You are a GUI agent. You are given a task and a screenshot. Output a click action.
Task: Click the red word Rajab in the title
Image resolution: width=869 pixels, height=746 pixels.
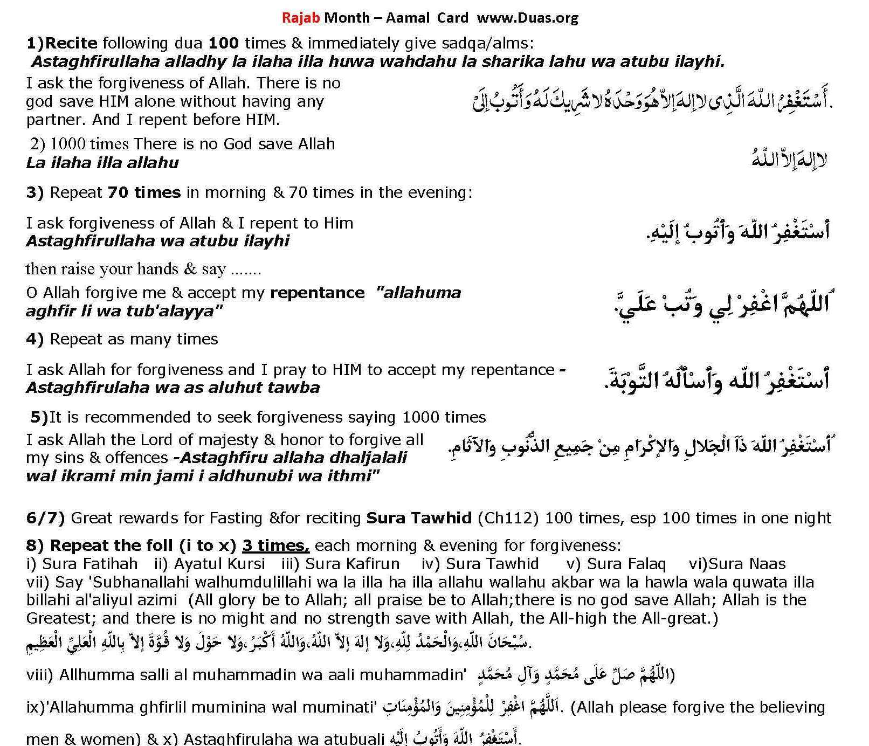pos(301,17)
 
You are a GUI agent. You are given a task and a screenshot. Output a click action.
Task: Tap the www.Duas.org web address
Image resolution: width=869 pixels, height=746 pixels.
pos(528,17)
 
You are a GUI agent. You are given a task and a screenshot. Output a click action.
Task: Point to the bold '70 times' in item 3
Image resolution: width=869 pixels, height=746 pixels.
pos(144,192)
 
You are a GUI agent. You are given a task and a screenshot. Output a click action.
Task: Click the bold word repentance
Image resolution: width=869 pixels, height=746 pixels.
pos(318,293)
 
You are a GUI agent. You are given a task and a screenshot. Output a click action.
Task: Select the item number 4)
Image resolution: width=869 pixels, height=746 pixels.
pos(35,339)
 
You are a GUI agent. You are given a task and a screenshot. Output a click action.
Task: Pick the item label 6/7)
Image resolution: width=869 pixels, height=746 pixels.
pos(45,518)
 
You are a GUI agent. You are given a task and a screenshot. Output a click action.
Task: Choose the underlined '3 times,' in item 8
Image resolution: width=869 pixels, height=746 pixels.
pos(275,545)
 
